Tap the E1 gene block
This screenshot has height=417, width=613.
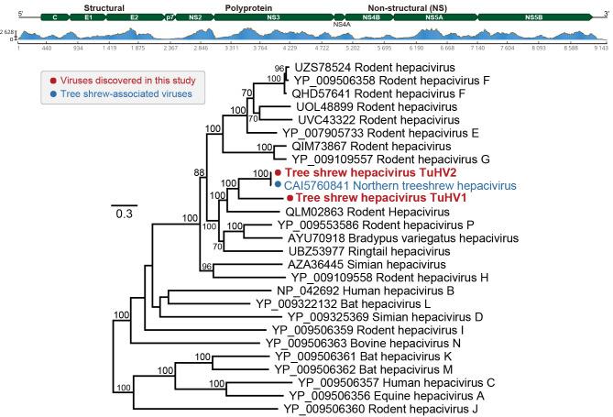(x=88, y=16)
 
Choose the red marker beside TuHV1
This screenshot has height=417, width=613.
(x=290, y=197)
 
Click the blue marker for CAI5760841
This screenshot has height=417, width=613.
(x=277, y=184)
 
